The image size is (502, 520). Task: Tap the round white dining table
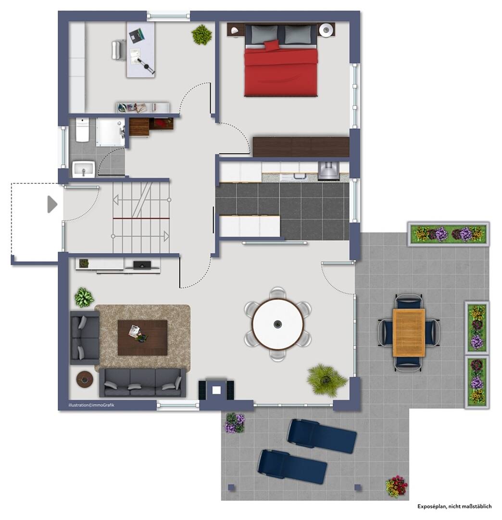coord(277,324)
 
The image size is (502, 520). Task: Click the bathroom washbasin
coord(84,169)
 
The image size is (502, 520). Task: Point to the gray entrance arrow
coord(52,204)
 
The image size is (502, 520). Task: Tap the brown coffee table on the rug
coord(142,338)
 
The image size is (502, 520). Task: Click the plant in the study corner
coord(201,35)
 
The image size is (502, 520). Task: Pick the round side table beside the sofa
coord(85,379)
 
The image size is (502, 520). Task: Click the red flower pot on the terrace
coord(396,486)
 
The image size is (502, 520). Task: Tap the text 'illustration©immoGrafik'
coord(91,405)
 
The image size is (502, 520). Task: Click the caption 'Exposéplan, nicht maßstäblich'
coord(454,507)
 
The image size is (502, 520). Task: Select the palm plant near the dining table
coord(326,379)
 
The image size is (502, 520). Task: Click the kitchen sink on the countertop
coord(299,176)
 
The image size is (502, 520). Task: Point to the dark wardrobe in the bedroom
coord(301,146)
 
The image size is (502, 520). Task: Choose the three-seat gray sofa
coord(142,382)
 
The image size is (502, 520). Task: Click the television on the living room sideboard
coord(142,265)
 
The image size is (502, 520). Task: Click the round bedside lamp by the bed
coord(326,30)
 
